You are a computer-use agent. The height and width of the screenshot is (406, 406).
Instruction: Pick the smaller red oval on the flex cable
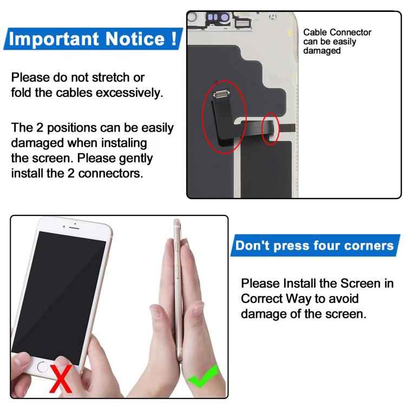(x=270, y=129)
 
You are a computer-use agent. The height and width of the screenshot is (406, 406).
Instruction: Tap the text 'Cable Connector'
(x=337, y=32)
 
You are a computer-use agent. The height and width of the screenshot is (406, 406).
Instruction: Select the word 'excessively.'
(x=129, y=93)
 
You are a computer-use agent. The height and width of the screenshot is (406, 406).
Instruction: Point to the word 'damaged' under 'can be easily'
(x=322, y=51)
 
